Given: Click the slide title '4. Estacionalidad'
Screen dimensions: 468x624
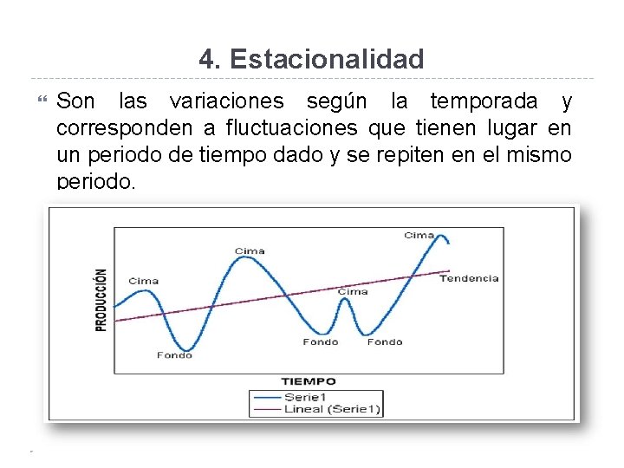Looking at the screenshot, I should (311, 59).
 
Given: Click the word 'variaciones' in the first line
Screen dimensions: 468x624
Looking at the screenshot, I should (226, 101).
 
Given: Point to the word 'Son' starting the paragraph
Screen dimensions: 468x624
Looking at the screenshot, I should (75, 101).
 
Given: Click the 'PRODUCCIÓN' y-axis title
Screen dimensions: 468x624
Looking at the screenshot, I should (101, 299).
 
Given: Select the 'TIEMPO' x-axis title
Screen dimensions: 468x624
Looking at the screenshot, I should (309, 380).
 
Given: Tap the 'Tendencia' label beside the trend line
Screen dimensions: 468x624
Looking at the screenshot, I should (469, 278).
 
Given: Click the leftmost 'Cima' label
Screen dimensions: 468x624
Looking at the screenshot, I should (144, 281).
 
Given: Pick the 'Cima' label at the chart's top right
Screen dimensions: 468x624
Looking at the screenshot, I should (419, 236).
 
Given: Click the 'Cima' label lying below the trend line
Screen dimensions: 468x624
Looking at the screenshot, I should (353, 292).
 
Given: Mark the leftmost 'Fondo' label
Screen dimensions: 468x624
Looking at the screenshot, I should (174, 354).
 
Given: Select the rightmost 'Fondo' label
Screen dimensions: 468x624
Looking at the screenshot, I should (385, 341).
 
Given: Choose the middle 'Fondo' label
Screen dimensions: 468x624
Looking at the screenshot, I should (321, 341).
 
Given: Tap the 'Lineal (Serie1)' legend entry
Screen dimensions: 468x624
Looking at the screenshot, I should (332, 408).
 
